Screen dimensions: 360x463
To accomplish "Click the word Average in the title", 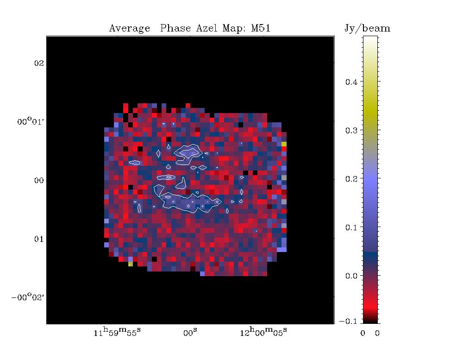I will coord(129,29).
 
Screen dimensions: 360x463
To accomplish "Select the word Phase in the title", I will coord(176,29).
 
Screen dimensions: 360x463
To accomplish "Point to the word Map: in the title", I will coord(237,29).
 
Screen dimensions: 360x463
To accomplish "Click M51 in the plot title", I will coord(261,29).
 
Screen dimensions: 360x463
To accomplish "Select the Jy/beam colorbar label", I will coord(367,29).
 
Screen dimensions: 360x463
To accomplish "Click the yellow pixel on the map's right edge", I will coord(284,144).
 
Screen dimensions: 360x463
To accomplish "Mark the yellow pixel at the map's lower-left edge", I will coord(131,264).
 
